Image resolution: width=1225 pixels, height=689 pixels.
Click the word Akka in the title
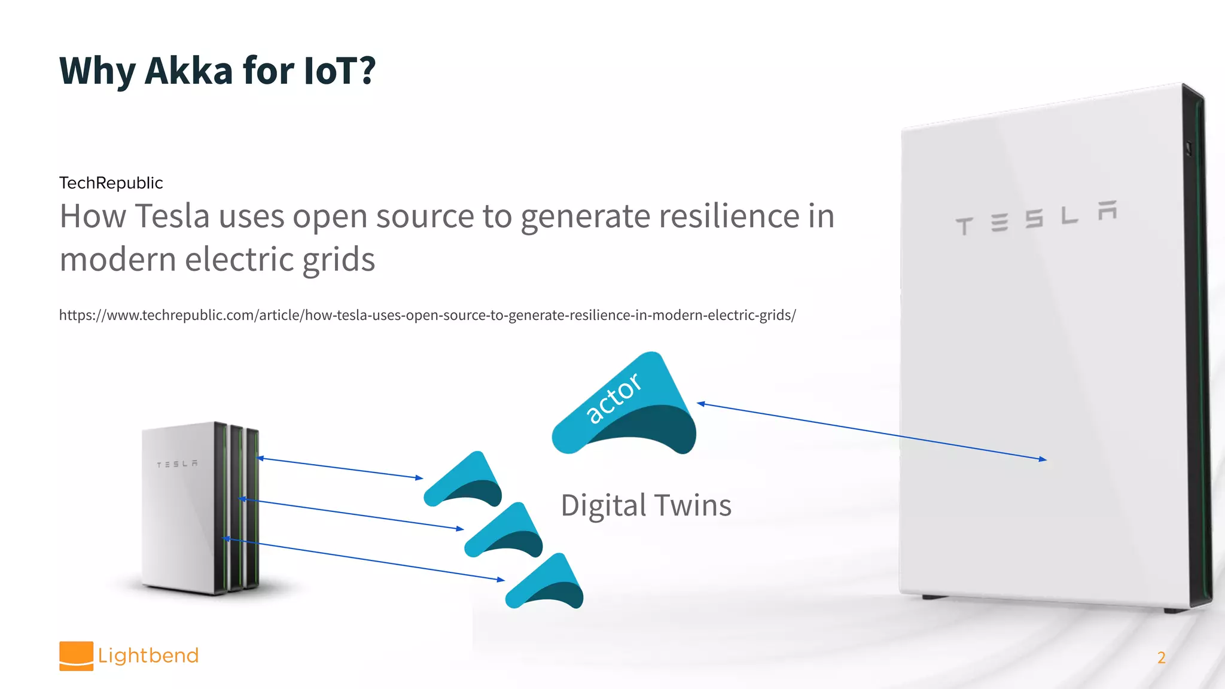point(188,71)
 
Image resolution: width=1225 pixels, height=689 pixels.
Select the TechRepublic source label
point(111,183)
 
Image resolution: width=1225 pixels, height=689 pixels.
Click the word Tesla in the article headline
point(172,216)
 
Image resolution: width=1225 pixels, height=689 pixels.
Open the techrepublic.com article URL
point(427,315)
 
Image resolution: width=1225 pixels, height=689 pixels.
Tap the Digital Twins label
point(646,505)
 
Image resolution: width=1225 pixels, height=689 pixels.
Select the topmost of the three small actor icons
point(464,481)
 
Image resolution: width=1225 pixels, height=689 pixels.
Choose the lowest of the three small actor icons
point(545,583)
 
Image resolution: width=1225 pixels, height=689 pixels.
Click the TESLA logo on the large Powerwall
point(1035,218)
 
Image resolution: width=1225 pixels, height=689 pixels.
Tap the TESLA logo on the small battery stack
point(177,464)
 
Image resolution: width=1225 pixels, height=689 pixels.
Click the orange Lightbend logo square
point(76,656)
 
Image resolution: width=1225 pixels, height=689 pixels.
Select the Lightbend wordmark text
point(148,656)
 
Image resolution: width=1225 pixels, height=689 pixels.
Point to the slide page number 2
point(1161,658)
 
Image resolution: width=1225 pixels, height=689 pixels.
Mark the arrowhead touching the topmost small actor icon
point(419,478)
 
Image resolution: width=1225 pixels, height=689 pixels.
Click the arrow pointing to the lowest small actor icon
point(365,560)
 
